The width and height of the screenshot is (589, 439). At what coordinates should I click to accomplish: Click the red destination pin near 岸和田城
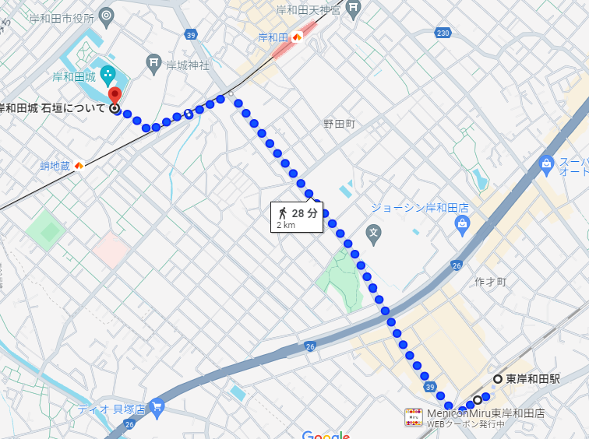point(115,96)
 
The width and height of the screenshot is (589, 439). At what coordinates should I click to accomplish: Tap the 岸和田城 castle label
point(74,76)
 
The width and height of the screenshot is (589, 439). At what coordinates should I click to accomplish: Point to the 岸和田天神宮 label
point(309,10)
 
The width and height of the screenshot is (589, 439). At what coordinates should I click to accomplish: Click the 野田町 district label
point(339,124)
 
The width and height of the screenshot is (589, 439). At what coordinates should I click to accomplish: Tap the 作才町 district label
point(490,281)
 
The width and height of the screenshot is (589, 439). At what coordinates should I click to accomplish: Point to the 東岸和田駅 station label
point(534,379)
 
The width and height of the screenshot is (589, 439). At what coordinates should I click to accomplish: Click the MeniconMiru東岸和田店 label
point(485,413)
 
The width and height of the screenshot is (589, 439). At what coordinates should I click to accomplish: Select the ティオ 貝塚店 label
point(111,409)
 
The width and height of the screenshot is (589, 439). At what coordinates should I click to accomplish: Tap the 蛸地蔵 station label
point(55,165)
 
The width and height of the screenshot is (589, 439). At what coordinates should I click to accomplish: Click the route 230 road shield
point(443,32)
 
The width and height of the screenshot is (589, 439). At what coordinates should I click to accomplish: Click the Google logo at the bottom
point(326,434)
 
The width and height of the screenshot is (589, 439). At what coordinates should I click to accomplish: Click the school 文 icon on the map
point(374,232)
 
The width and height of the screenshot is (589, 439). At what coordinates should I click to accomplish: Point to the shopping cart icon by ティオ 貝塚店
point(157,406)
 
